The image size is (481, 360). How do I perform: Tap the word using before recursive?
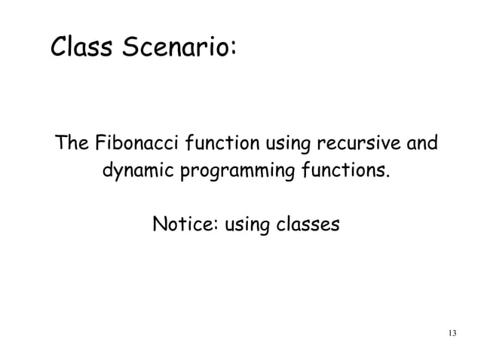point(283,143)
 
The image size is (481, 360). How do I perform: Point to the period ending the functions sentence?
point(389,176)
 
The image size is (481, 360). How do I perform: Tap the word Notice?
point(182,224)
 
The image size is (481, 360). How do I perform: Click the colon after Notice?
point(216,226)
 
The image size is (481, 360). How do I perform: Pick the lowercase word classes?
point(311,224)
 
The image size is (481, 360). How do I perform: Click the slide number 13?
point(452,334)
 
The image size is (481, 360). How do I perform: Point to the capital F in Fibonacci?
point(98,142)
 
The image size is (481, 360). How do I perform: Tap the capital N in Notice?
point(160,224)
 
